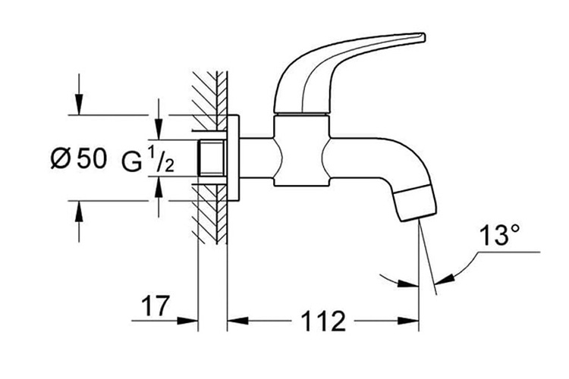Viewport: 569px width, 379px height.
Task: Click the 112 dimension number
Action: tap(324, 321)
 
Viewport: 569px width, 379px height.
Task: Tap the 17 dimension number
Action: tap(156, 305)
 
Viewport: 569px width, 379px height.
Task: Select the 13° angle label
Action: tap(500, 235)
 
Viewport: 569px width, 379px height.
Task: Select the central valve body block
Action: tap(301, 151)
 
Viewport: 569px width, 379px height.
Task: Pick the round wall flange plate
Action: tap(233, 158)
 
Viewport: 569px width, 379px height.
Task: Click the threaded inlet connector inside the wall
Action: tap(211, 158)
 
